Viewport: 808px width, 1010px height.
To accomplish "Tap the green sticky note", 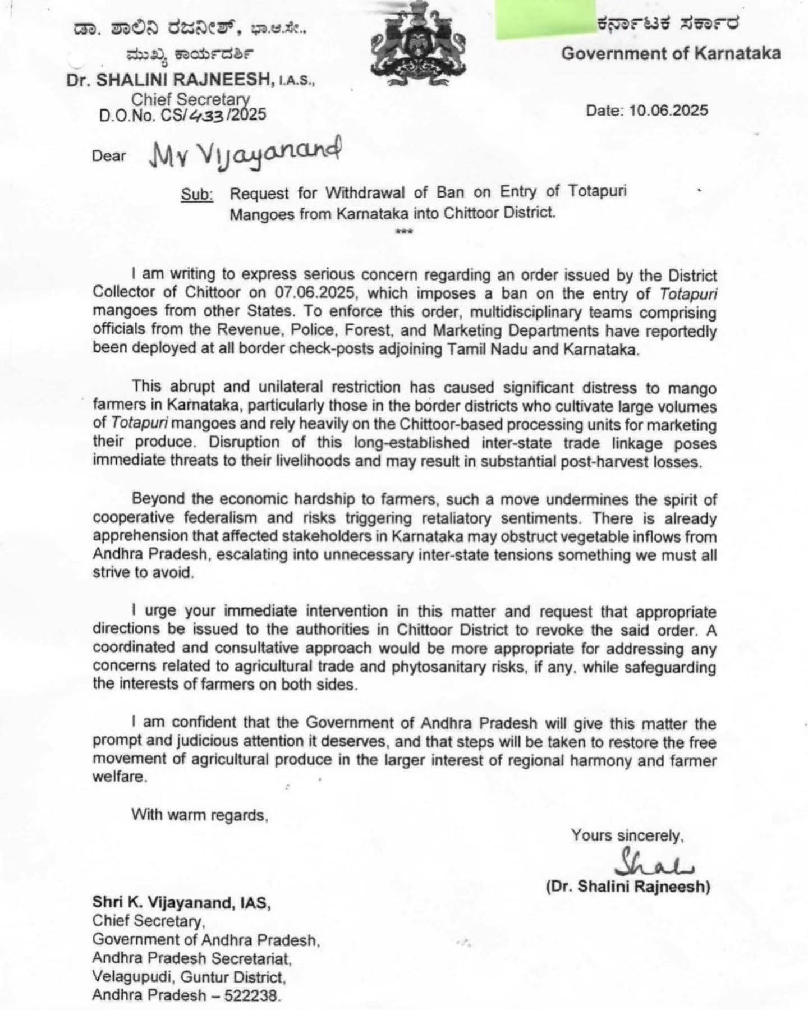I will [x=538, y=20].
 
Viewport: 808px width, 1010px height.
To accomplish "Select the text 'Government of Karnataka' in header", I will [x=671, y=53].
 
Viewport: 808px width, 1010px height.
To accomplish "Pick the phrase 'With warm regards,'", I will [x=200, y=814].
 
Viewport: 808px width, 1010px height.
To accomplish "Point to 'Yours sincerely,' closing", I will [x=627, y=835].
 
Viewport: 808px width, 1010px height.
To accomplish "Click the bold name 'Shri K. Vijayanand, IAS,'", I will [x=182, y=903].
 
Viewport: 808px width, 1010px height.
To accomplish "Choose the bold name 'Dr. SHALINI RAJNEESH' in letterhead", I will [x=169, y=80].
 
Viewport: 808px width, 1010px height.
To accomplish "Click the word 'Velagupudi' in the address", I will [x=131, y=977].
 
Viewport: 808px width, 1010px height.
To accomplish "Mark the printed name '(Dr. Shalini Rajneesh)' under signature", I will [x=628, y=887].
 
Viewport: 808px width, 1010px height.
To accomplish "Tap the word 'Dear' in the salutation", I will [x=109, y=155].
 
